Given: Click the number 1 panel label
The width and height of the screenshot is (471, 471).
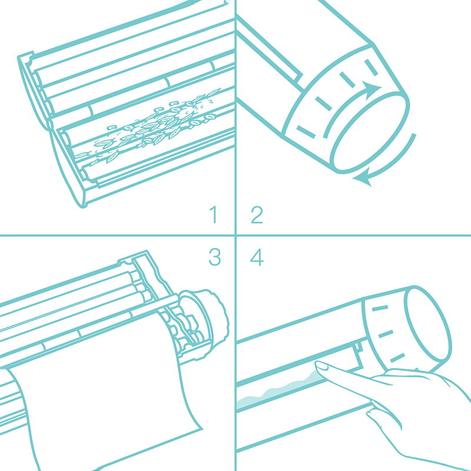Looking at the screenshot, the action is coord(214,214).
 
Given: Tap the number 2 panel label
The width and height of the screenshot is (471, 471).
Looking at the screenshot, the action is coord(257,214).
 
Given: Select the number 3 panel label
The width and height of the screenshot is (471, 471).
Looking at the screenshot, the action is coord(215,257).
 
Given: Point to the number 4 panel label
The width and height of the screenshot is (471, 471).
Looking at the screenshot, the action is coord(257,257).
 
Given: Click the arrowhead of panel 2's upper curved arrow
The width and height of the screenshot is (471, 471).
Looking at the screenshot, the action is coord(372,89).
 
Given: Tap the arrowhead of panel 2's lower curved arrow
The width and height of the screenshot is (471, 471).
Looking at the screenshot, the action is coord(362,178).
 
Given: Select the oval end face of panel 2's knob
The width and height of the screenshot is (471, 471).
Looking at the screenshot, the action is coord(370,132).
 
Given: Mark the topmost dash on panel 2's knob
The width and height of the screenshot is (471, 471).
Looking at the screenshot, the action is coord(371,67).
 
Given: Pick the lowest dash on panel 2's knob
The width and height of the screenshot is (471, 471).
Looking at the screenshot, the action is coord(306,132).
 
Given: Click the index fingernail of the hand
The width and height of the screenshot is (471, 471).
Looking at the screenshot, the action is coord(321,366).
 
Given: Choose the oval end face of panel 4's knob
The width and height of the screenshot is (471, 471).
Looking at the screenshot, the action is coord(428,324).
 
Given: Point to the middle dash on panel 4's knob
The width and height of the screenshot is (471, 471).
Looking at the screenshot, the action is coord(386,334).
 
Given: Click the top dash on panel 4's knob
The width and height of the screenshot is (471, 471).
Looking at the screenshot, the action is coord(380,308).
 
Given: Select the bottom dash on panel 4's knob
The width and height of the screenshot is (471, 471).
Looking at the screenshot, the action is coord(397,358).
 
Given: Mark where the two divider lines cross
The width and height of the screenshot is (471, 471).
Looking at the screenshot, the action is coord(235,235).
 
